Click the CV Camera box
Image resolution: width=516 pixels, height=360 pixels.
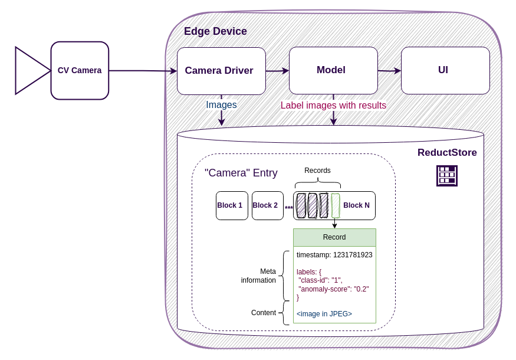(x=80, y=70)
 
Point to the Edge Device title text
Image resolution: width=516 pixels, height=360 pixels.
(x=215, y=31)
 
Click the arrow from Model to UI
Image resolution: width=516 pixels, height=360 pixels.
(x=389, y=71)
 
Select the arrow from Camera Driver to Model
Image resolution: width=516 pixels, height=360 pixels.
(x=277, y=71)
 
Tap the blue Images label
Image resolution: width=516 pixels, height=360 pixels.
(x=221, y=105)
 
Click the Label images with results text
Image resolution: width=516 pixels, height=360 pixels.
(x=333, y=106)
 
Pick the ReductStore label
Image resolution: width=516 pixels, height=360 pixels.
(x=447, y=153)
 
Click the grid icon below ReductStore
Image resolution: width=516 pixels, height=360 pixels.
(x=446, y=176)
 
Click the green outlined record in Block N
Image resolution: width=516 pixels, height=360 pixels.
(x=335, y=205)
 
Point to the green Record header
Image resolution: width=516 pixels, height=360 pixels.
(x=334, y=237)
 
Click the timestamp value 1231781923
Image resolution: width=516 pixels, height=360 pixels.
(x=353, y=255)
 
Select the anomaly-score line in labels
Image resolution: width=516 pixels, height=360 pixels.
(x=333, y=289)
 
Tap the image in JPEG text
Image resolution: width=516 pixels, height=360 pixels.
(x=324, y=314)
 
